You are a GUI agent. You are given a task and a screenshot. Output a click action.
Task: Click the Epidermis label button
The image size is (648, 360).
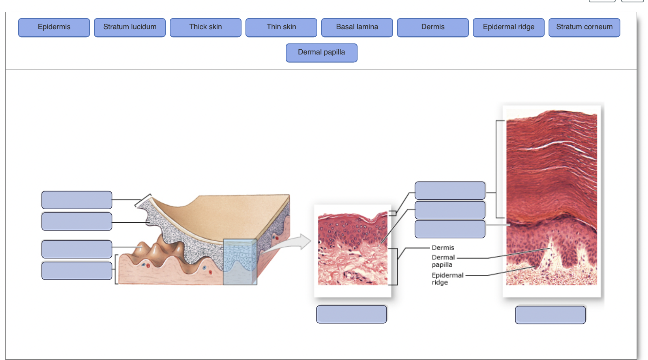[54, 27]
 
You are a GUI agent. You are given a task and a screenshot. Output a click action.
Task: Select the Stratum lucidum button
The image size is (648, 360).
[130, 27]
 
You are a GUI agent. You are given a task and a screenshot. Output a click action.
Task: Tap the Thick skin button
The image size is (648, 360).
[206, 27]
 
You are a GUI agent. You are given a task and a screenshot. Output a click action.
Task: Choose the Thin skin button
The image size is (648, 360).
[281, 27]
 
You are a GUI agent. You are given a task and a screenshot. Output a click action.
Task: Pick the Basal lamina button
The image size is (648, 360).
[357, 27]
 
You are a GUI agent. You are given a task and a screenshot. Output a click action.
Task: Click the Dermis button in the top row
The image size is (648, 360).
[433, 27]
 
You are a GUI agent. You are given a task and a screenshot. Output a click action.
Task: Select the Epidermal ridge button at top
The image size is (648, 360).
[509, 27]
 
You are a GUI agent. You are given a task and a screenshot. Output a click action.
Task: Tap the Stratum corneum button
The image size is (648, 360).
[584, 27]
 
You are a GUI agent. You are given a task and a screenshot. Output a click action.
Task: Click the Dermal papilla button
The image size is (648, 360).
[322, 52]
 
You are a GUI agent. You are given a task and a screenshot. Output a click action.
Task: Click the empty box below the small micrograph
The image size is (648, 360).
[352, 314]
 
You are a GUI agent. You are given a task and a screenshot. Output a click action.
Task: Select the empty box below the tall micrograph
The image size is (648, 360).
[551, 315]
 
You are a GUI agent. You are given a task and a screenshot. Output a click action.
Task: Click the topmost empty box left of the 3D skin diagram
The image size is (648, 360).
[77, 200]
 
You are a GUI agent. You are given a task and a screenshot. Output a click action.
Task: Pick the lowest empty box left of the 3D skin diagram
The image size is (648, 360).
[77, 270]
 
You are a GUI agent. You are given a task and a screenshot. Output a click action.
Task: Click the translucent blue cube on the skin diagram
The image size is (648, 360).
[240, 261]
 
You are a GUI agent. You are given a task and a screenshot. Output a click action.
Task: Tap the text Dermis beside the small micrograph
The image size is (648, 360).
[443, 248]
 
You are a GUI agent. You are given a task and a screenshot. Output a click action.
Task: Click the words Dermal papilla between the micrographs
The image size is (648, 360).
[443, 261]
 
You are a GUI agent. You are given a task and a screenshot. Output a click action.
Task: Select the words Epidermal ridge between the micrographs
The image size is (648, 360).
[447, 278]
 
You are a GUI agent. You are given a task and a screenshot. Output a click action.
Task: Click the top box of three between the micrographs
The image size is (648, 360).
[450, 191]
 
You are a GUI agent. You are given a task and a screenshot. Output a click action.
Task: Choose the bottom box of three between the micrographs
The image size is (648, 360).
[450, 229]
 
